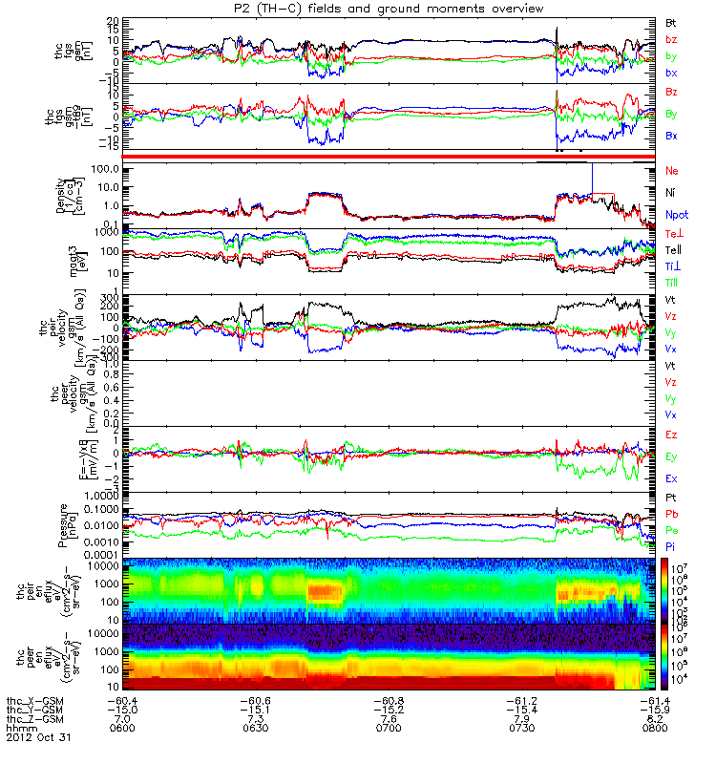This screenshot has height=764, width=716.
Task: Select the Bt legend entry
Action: click(x=670, y=22)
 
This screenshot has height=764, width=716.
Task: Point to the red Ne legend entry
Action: click(x=670, y=170)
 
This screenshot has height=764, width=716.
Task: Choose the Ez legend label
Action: click(x=670, y=435)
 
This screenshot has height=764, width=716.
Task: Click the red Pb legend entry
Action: click(x=670, y=516)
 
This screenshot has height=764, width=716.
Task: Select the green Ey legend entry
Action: click(x=670, y=456)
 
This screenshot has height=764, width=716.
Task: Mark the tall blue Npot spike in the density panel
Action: click(x=593, y=177)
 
